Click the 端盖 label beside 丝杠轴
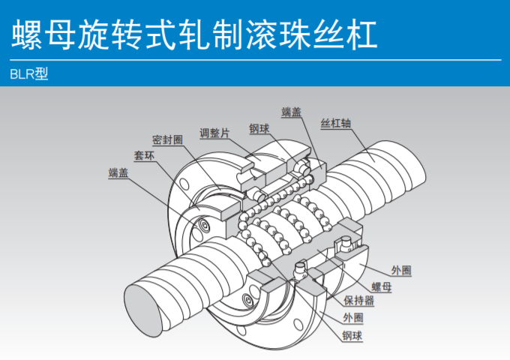292,112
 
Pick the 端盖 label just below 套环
118,173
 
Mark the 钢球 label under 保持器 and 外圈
352,336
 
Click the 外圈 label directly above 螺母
401,271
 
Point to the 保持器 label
359,302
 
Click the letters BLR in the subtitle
23,75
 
